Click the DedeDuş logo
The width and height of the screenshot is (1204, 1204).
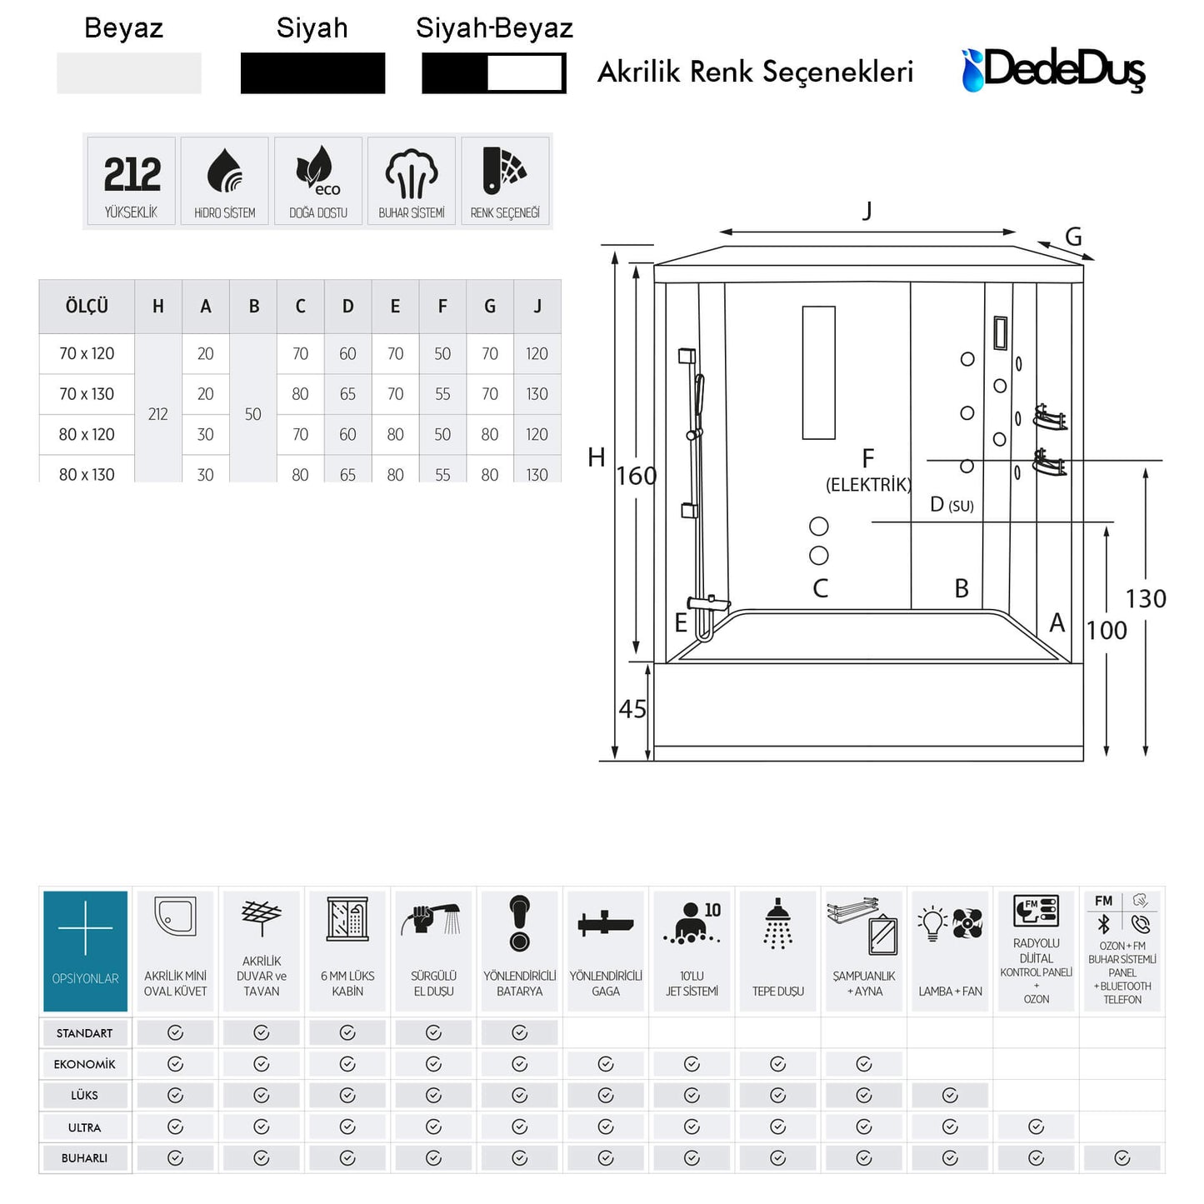tap(1053, 70)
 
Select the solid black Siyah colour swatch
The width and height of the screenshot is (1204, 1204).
tap(312, 73)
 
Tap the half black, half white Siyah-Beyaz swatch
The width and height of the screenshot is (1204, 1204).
tap(493, 73)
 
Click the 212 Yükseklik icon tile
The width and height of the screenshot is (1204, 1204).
tap(131, 181)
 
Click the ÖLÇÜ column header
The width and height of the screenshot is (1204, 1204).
tap(87, 306)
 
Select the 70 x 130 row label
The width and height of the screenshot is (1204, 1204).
tap(87, 394)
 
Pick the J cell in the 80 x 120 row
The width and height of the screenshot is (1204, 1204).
tap(537, 434)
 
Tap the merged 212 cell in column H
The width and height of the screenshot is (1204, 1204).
tap(158, 413)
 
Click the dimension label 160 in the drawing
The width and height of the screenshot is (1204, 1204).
tap(637, 476)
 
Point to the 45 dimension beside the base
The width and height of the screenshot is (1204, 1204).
tap(632, 709)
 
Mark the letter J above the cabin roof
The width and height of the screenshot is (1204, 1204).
tap(867, 211)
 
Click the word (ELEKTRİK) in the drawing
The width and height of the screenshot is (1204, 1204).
tap(868, 485)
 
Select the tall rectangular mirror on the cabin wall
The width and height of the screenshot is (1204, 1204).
tap(818, 372)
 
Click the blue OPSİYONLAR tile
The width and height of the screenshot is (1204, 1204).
tap(85, 951)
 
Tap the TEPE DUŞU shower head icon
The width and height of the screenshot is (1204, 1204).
tap(778, 924)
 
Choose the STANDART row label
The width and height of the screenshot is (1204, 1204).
tap(84, 1033)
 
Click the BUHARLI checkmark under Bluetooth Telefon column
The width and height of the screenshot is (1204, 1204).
tap(1122, 1158)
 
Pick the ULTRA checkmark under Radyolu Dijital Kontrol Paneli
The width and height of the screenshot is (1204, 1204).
tap(1036, 1127)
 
